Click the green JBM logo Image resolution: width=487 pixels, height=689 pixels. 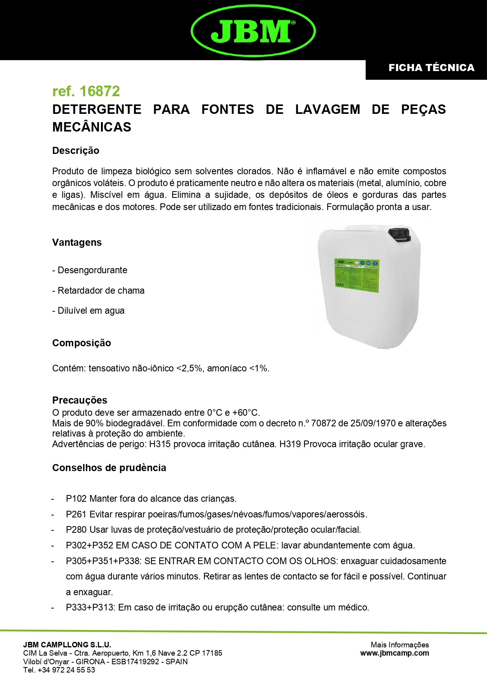click(x=253, y=30)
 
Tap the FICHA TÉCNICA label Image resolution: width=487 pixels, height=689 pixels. click(x=431, y=68)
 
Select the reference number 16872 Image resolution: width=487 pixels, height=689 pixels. click(x=100, y=91)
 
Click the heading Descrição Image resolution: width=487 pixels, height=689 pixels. click(x=76, y=151)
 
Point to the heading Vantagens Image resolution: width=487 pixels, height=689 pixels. click(x=77, y=243)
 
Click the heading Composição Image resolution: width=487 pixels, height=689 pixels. click(x=82, y=343)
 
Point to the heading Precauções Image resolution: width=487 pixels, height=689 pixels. click(x=80, y=400)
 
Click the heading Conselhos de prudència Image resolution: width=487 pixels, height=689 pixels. click(x=109, y=468)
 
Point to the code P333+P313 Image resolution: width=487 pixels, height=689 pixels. click(x=90, y=608)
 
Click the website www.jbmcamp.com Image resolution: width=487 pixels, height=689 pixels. click(x=394, y=653)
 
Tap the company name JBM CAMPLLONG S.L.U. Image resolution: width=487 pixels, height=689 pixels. click(x=67, y=645)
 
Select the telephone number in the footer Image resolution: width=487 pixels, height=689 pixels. click(x=66, y=670)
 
